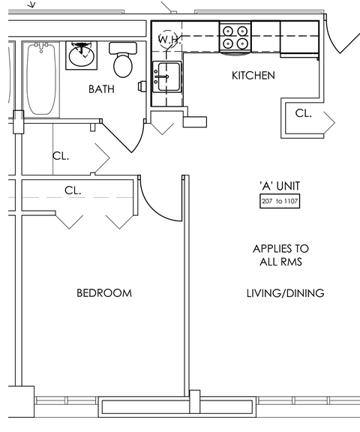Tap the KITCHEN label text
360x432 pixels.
(253, 76)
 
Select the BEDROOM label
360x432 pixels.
(104, 293)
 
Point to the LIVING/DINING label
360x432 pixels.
(285, 293)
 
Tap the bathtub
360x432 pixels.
(42, 79)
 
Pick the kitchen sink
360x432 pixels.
(166, 76)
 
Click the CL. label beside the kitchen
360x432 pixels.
(303, 113)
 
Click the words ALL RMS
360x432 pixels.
(280, 262)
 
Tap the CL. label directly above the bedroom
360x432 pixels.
(73, 190)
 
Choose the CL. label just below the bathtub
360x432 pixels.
(61, 157)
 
